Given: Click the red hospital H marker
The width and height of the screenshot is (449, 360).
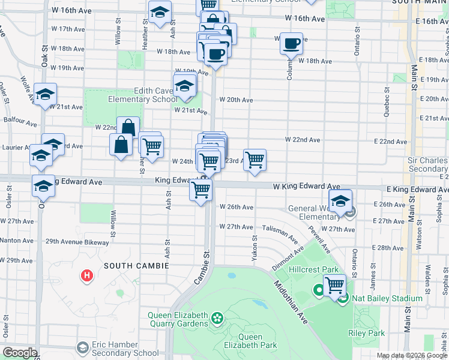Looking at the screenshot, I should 88,276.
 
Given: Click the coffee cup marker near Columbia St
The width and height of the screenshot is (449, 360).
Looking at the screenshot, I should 292,44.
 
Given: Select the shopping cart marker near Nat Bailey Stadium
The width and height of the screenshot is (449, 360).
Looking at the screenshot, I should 334,284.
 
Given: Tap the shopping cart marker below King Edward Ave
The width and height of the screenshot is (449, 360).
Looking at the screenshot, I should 201,190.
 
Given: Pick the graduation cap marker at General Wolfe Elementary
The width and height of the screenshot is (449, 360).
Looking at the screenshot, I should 340,201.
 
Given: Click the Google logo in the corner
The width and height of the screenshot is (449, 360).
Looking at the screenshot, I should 20,353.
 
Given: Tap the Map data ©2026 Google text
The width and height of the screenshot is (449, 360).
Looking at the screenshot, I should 412,355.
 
